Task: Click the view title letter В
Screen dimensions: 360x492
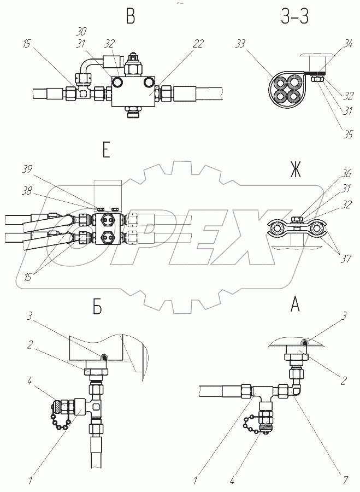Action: [x=131, y=16]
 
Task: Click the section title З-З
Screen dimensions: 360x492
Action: [x=294, y=16]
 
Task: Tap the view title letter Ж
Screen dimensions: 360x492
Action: [x=296, y=170]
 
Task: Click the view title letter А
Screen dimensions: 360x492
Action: [x=296, y=304]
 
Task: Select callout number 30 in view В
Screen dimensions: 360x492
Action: [x=81, y=31]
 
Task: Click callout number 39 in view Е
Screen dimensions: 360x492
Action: [x=27, y=169]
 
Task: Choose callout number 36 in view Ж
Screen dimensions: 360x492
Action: [x=346, y=173]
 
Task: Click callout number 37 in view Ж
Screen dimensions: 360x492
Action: [x=346, y=259]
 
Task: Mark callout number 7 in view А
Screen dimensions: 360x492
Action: [x=345, y=480]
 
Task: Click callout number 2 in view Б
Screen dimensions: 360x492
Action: [x=29, y=345]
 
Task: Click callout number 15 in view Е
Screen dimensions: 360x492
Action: [x=27, y=277]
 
